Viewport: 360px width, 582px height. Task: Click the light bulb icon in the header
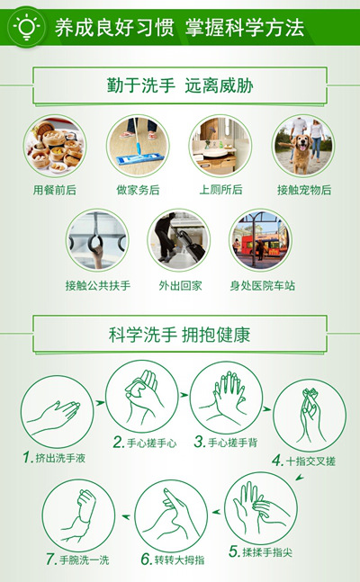[x=26, y=27]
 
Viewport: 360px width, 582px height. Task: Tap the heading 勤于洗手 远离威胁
[x=180, y=85]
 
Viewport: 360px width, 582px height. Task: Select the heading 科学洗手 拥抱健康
[x=179, y=335]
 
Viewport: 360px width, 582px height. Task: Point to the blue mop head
[x=140, y=160]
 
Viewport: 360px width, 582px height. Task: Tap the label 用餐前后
[x=55, y=191]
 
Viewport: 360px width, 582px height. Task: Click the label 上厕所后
[x=220, y=190]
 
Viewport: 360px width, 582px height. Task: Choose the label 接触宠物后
[x=304, y=191]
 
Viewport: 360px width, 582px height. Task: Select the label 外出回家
[x=180, y=286]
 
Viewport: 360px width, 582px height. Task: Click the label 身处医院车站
[x=262, y=286]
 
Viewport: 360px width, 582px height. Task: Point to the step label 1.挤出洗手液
[x=54, y=458]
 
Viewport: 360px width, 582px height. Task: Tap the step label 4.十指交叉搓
[x=304, y=461]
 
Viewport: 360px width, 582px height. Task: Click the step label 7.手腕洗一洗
[x=77, y=560]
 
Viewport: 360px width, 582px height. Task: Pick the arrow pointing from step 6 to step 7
[x=126, y=516]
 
